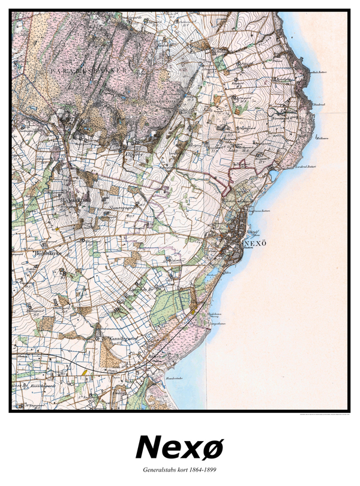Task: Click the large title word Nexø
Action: [x=179, y=447]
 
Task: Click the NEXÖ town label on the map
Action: [x=256, y=243]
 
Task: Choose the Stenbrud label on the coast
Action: [x=318, y=104]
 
